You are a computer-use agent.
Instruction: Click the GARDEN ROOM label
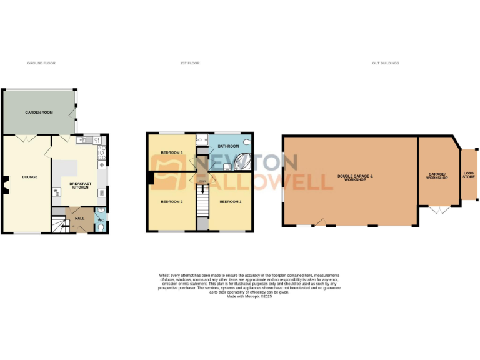coord(37,112)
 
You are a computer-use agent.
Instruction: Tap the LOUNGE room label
coord(30,177)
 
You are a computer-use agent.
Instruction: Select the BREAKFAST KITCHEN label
coord(81,184)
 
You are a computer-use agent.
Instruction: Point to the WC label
coord(101,219)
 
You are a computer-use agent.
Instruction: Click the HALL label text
coord(79,218)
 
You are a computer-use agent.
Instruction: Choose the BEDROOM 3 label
coord(171,152)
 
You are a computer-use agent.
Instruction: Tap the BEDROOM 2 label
coord(171,202)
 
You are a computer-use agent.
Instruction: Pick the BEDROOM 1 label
coord(230,202)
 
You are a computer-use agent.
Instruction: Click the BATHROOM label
coord(228,146)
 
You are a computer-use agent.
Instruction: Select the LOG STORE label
coord(469,175)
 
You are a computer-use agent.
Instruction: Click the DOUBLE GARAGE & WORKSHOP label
coord(355,177)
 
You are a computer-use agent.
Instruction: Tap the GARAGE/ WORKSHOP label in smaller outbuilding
coord(437,176)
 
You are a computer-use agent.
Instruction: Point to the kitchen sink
coord(98,141)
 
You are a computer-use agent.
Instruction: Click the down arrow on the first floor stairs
coord(202,189)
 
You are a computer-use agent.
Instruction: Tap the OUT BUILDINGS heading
coord(385,63)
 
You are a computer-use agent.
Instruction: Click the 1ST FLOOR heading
coord(190,63)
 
